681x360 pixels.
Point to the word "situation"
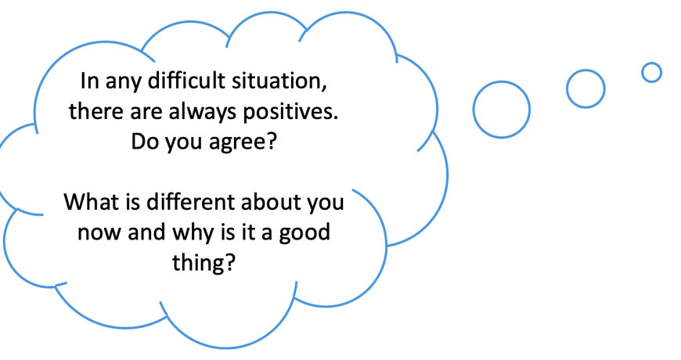coord(279,81)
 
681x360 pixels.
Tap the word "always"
coord(203,113)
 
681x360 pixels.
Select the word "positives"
coord(290,113)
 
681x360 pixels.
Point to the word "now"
coord(100,233)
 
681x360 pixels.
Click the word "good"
coord(304,233)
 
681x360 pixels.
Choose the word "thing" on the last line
coord(199,262)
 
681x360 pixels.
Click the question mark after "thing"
coord(230,261)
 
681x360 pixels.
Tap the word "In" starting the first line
coord(90,81)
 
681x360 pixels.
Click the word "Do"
coord(144,142)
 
